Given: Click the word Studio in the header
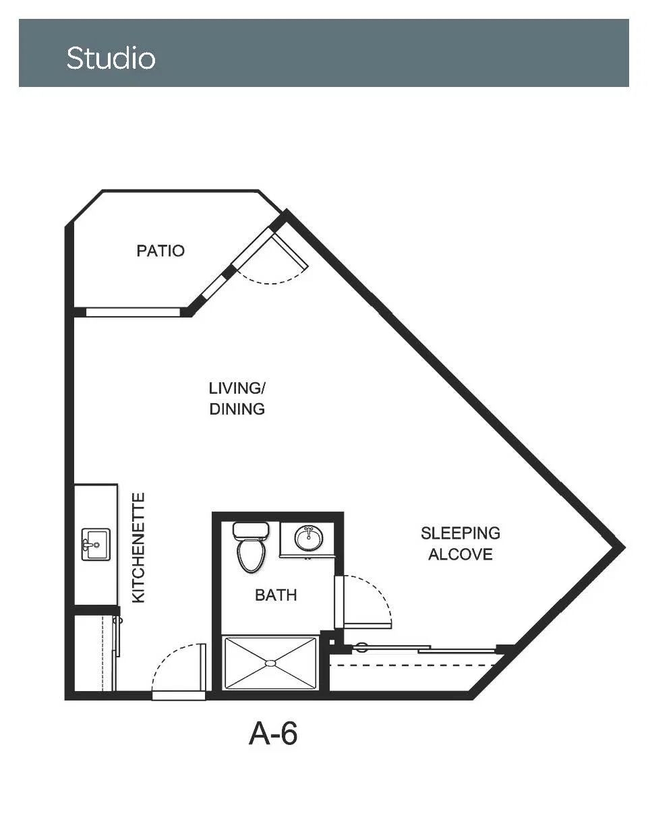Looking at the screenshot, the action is tap(111, 58).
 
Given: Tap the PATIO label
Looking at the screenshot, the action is tap(160, 251).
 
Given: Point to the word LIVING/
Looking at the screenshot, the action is tap(237, 388).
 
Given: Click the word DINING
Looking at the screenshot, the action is tap(237, 409).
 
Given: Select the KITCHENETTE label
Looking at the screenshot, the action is tap(138, 547).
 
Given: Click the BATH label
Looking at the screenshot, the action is tap(276, 595).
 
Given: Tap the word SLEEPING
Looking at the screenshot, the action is tap(461, 533).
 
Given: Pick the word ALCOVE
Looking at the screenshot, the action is tap(461, 554).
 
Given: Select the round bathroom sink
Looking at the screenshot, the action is tap(309, 538).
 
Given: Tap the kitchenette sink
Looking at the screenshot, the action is tap(96, 544).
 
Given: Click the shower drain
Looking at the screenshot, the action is tap(270, 663).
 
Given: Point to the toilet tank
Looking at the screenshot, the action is tap(251, 531).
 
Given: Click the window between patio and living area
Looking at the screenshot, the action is tap(133, 312).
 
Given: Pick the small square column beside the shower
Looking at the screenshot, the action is tap(332, 642).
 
